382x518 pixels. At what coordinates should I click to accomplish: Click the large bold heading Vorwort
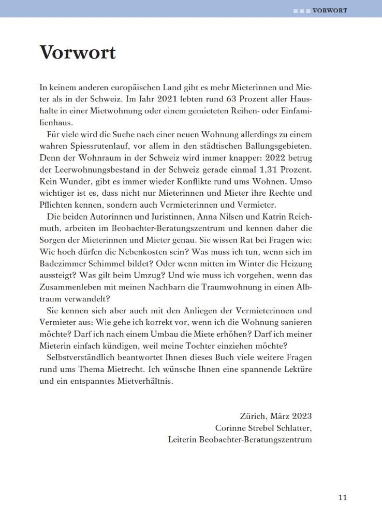coord(78,52)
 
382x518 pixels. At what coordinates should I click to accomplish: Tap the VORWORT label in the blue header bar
coord(330,10)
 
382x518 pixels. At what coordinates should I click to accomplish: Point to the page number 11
coord(342,498)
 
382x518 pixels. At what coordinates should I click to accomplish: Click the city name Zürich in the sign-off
coord(253,416)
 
